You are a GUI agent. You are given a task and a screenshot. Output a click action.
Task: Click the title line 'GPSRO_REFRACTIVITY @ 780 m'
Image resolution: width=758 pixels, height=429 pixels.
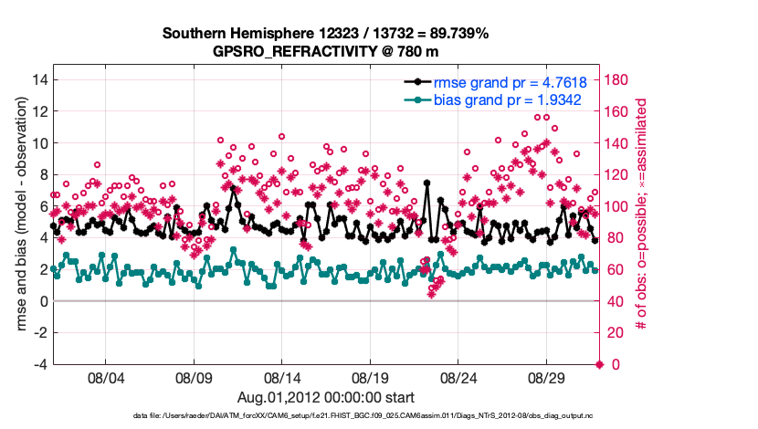[325, 52]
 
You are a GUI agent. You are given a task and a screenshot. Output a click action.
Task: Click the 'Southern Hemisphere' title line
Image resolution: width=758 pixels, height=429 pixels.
[325, 34]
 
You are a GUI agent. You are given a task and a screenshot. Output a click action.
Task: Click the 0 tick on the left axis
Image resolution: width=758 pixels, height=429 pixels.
[42, 301]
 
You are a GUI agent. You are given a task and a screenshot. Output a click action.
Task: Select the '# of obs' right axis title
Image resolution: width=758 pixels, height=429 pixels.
[641, 214]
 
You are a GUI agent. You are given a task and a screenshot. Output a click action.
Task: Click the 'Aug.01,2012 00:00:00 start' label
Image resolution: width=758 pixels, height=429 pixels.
[325, 397]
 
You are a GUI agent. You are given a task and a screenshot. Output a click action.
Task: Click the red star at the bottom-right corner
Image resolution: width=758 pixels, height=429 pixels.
[599, 365]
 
